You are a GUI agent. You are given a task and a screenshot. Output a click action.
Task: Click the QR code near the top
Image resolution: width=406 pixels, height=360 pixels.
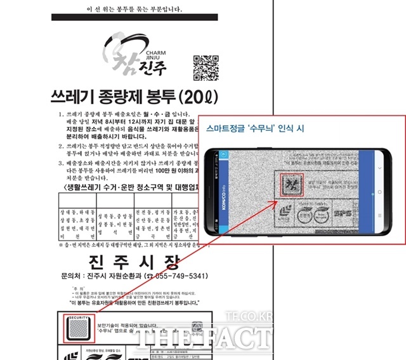(206, 69)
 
